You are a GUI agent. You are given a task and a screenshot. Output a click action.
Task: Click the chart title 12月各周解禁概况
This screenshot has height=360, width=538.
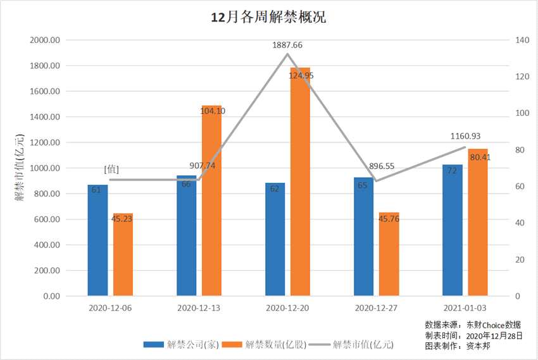(x=268, y=17)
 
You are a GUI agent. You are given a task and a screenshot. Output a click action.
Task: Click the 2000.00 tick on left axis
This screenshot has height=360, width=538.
(x=45, y=40)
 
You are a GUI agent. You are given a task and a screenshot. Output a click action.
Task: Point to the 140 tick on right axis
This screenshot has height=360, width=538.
(x=522, y=40)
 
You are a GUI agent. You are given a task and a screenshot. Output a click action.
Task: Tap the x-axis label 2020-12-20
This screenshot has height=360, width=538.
(x=288, y=308)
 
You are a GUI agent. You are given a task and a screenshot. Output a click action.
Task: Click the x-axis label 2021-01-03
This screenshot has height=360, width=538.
(x=465, y=308)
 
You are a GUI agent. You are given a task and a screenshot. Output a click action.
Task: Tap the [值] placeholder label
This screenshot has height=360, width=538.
(x=112, y=169)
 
